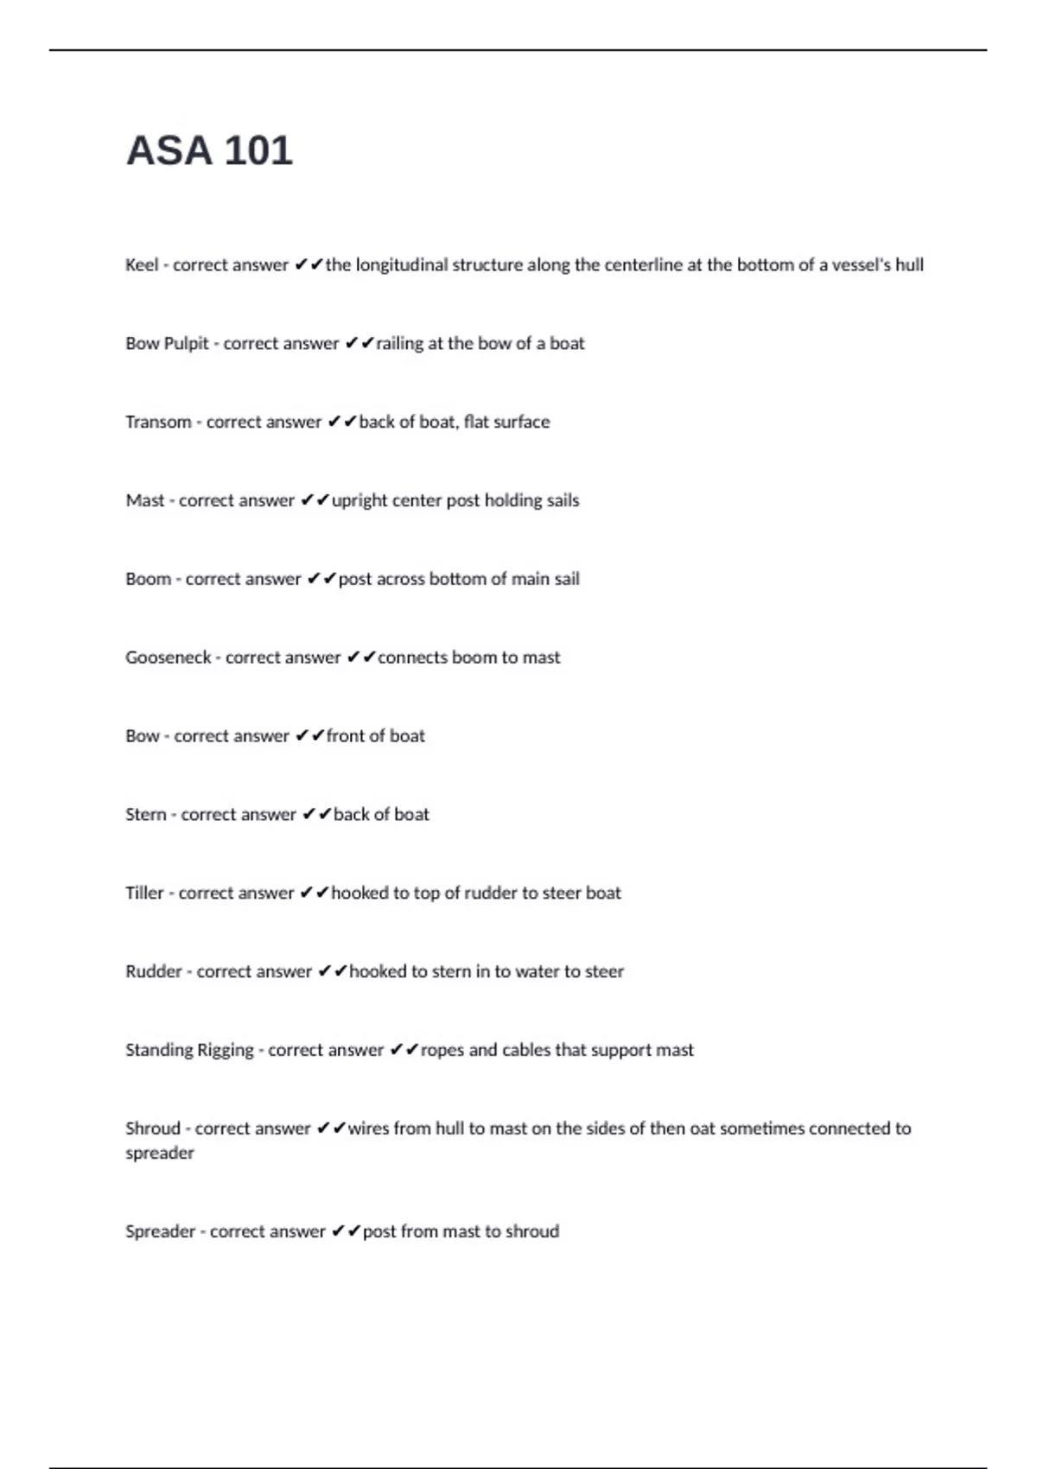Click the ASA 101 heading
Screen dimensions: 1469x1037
pyautogui.click(x=209, y=150)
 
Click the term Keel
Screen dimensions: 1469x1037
pyautogui.click(x=142, y=265)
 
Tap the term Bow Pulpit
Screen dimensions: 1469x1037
pyautogui.click(x=167, y=344)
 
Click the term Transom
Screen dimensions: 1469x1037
pyautogui.click(x=158, y=423)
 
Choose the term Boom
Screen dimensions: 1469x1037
pyautogui.click(x=148, y=579)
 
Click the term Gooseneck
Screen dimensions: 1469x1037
pyautogui.click(x=169, y=658)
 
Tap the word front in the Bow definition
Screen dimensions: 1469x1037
pyautogui.click(x=345, y=736)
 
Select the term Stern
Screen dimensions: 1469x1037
pyautogui.click(x=145, y=815)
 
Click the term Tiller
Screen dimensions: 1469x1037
pyautogui.click(x=144, y=893)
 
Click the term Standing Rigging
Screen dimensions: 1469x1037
pyautogui.click(x=189, y=1051)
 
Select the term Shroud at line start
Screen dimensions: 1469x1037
pyautogui.click(x=152, y=1129)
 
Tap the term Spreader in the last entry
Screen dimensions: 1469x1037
pyautogui.click(x=160, y=1231)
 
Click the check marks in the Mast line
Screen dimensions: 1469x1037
pyautogui.click(x=315, y=501)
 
